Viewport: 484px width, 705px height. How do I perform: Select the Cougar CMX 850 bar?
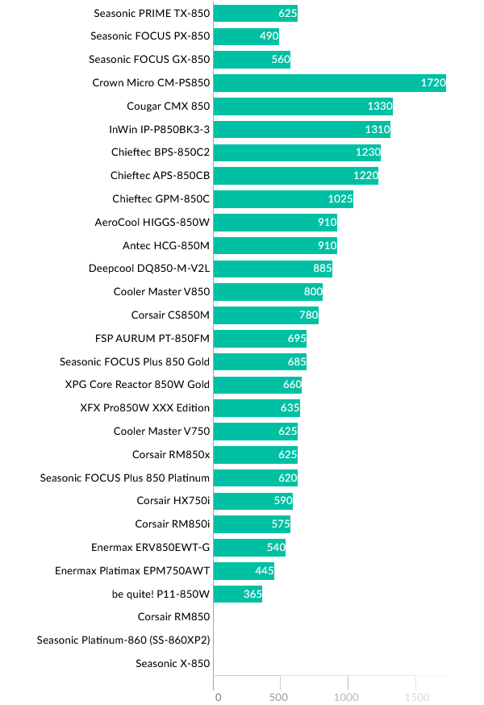[x=302, y=106]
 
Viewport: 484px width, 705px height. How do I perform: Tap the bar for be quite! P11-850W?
[x=238, y=594]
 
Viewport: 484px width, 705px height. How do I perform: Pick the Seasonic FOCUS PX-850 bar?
[x=246, y=36]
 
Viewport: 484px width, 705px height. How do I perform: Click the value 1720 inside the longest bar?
[x=432, y=83]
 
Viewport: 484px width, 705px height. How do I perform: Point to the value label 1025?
[x=340, y=199]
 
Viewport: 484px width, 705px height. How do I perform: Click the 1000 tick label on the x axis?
[x=347, y=697]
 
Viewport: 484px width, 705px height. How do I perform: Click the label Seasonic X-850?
[x=173, y=664]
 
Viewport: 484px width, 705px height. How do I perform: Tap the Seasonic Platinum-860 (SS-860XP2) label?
[x=123, y=640]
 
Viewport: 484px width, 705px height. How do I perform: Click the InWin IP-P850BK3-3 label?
[x=159, y=129]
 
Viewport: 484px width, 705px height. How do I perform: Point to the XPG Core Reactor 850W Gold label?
[x=137, y=385]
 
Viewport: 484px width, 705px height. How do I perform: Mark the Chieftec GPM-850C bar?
[x=283, y=199]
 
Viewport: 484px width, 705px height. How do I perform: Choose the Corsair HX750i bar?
[x=252, y=502]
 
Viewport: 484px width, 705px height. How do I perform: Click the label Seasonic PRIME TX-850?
[x=152, y=13]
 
